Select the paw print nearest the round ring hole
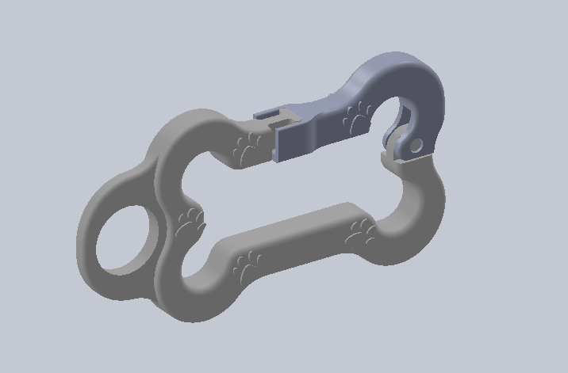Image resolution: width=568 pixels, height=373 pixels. pyautogui.click(x=190, y=223)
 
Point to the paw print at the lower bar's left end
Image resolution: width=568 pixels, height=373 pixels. pyautogui.click(x=247, y=265)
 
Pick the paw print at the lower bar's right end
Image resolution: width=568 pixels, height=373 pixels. pyautogui.click(x=361, y=232)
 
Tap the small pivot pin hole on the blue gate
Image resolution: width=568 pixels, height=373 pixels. pyautogui.click(x=415, y=145)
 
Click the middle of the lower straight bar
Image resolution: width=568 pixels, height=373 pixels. pyautogui.click(x=301, y=238)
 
